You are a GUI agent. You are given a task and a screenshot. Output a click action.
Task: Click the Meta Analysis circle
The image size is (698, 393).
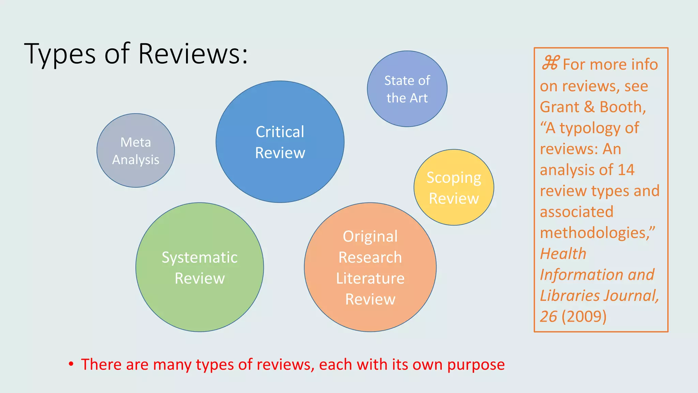(x=136, y=150)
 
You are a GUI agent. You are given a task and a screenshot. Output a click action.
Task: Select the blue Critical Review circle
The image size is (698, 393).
(x=280, y=142)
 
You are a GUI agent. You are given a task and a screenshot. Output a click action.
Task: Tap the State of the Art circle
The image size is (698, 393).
(x=407, y=89)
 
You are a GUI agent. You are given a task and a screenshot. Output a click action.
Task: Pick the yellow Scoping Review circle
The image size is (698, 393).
(x=454, y=187)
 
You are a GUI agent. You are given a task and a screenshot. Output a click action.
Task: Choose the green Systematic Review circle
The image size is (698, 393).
(x=200, y=267)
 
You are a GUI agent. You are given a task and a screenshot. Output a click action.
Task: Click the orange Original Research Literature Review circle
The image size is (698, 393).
(x=370, y=267)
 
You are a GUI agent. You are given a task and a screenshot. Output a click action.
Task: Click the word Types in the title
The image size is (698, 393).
(x=60, y=54)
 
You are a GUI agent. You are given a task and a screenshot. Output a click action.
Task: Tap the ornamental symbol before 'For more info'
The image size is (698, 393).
(x=550, y=63)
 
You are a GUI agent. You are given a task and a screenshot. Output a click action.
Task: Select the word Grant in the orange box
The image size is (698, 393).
(x=559, y=107)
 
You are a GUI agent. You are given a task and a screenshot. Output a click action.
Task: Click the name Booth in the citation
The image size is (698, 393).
(x=622, y=107)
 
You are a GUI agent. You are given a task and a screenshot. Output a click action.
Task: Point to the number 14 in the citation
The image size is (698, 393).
(x=626, y=170)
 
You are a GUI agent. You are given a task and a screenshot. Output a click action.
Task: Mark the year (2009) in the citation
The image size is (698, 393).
(x=584, y=317)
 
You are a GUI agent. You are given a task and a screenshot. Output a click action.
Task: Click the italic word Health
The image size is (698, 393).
(x=563, y=254)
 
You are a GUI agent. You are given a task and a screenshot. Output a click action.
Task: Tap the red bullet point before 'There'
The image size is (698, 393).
(x=71, y=364)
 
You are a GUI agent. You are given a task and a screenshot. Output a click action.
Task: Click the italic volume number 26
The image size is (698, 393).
(x=548, y=317)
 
